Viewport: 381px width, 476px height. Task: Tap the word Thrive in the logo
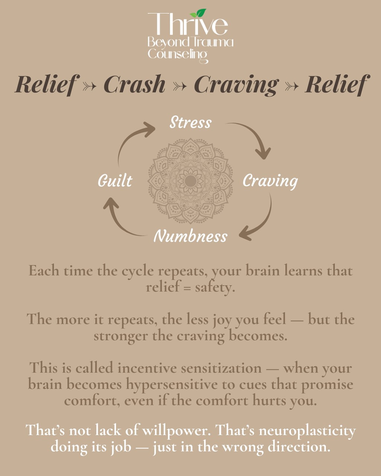188,25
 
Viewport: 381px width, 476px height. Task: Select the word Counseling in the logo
177,54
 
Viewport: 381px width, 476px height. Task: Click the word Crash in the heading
134,84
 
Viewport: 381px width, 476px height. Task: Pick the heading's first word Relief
47,84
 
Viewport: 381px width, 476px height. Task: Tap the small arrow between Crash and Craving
180,86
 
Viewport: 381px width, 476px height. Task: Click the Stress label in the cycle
190,123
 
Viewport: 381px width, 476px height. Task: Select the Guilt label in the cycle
115,181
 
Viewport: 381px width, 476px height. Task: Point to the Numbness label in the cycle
190,237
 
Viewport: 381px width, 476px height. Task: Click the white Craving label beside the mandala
270,181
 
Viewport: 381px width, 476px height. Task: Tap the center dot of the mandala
190,181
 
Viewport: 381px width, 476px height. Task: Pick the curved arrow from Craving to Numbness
260,223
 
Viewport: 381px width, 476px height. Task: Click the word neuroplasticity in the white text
307,431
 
